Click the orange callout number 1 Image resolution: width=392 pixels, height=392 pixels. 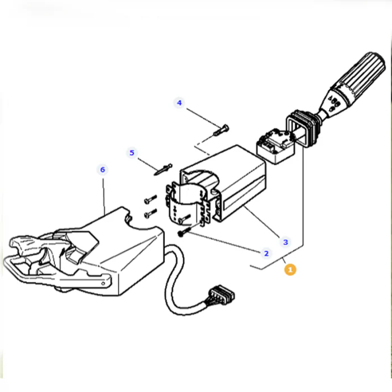click(x=290, y=269)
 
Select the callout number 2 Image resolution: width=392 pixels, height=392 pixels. click(x=266, y=253)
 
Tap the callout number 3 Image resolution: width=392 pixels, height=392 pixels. click(x=286, y=242)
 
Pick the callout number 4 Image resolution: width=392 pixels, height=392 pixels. click(x=179, y=102)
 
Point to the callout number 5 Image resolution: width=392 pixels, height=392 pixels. click(x=132, y=152)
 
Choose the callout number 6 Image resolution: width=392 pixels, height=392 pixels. click(x=102, y=170)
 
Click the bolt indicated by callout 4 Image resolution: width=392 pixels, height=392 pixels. click(x=221, y=130)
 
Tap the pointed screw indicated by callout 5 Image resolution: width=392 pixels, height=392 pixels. click(x=163, y=169)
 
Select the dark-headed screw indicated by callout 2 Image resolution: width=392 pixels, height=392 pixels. click(x=184, y=231)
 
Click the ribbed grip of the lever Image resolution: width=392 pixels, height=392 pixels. click(x=361, y=74)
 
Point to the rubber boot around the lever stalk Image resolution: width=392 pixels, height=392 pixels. click(x=303, y=128)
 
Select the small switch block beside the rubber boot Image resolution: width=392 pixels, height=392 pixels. click(x=276, y=146)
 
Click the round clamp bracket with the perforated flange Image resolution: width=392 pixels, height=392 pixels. click(x=187, y=203)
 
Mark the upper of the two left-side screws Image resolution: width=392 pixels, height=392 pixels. click(x=151, y=199)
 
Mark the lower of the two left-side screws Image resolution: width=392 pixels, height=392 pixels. click(x=151, y=213)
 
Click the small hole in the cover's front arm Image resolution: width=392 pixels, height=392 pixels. click(x=102, y=283)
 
